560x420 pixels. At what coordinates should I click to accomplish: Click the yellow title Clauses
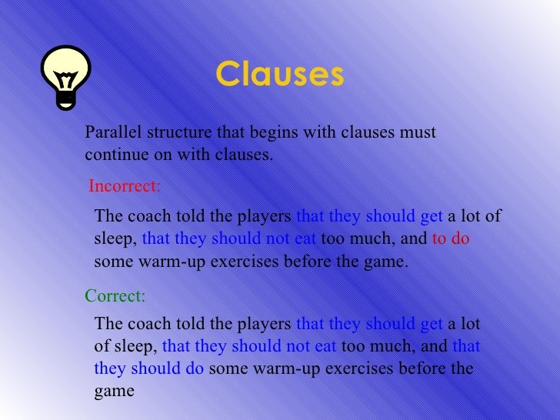click(x=280, y=75)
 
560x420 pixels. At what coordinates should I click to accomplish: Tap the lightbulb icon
click(x=68, y=75)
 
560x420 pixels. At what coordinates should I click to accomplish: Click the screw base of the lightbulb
click(x=68, y=98)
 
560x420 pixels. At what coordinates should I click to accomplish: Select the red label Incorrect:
click(x=125, y=186)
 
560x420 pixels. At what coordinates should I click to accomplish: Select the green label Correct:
click(x=115, y=296)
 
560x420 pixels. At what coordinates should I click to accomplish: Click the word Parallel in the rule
click(x=108, y=133)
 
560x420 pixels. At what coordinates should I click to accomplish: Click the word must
click(x=418, y=133)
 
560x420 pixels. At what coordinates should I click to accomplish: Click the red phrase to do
click(x=451, y=238)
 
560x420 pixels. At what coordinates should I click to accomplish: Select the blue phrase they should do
click(x=149, y=368)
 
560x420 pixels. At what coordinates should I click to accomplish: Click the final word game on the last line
click(x=114, y=391)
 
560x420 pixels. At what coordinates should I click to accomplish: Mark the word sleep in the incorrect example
click(x=115, y=239)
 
